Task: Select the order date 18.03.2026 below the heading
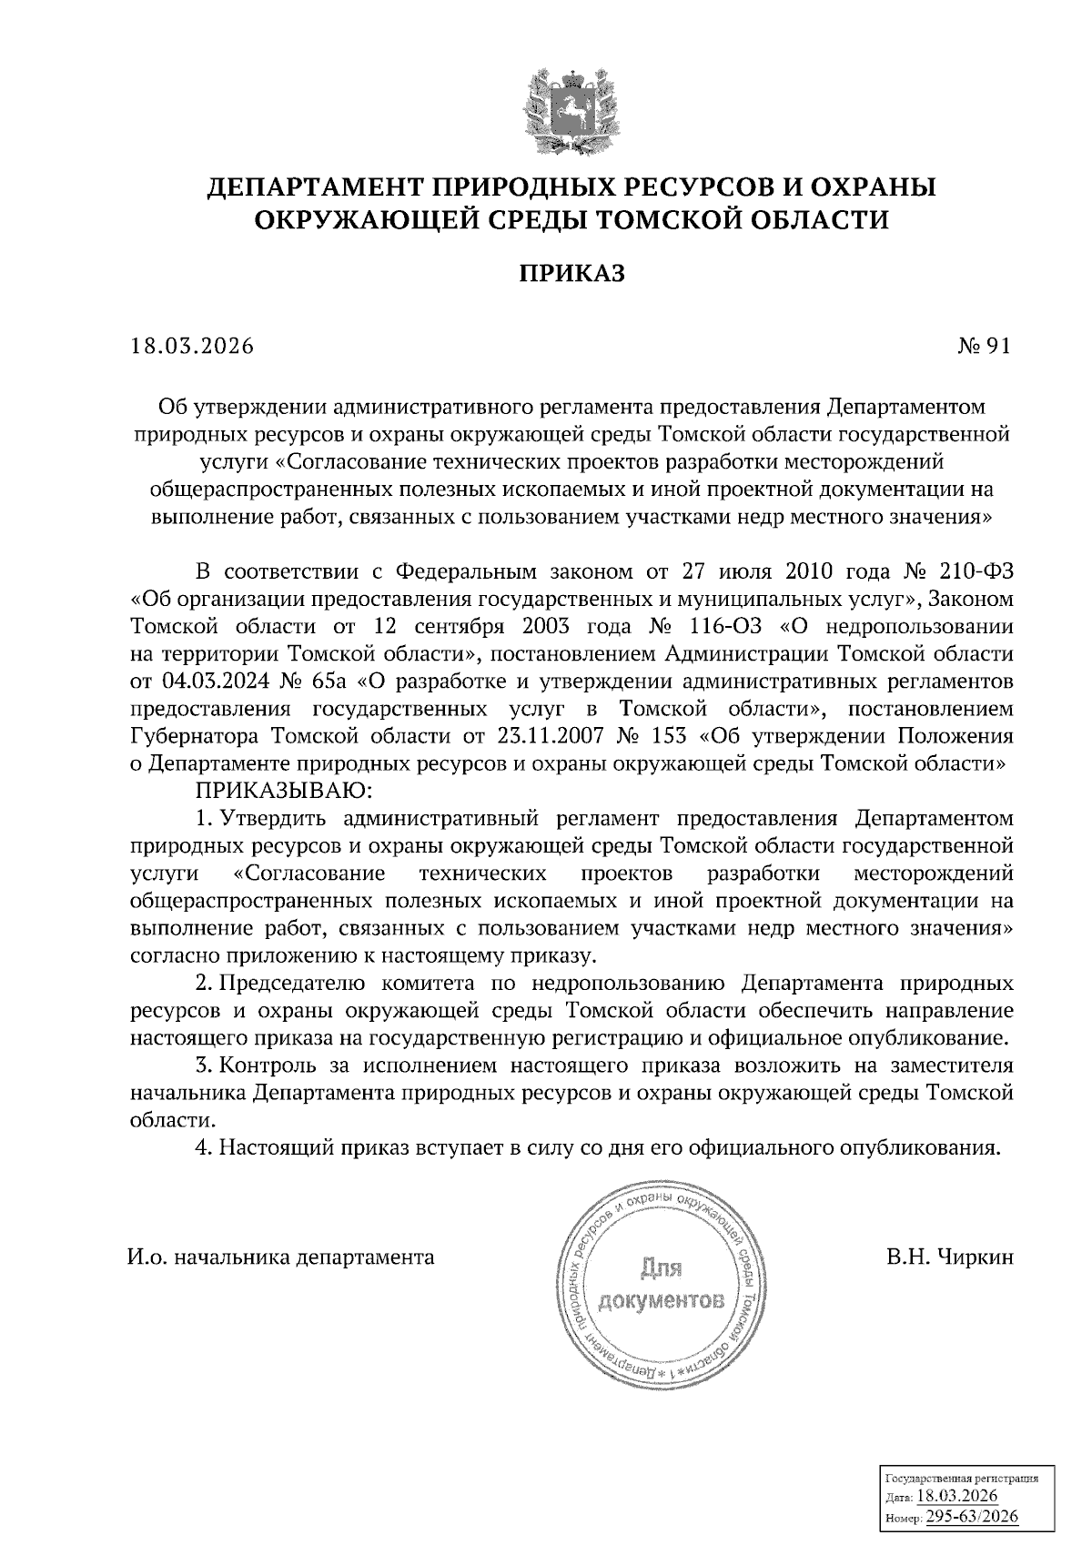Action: (x=190, y=347)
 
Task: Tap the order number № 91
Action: (x=984, y=347)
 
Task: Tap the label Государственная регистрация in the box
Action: (x=962, y=1479)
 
